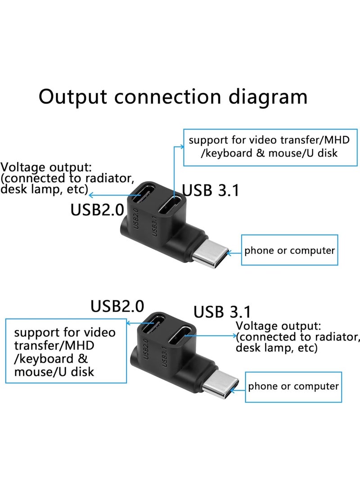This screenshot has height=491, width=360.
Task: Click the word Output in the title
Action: pyautogui.click(x=73, y=97)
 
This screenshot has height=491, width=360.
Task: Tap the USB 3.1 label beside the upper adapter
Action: pyautogui.click(x=211, y=190)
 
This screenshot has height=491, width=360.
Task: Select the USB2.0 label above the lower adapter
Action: pyautogui.click(x=117, y=306)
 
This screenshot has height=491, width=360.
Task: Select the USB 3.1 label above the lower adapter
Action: pyautogui.click(x=222, y=311)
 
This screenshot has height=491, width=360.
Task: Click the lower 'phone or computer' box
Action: pyautogui.click(x=293, y=386)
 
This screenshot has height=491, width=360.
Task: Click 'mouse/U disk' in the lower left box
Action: pyautogui.click(x=54, y=372)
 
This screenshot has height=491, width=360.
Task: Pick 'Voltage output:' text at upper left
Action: pyautogui.click(x=46, y=168)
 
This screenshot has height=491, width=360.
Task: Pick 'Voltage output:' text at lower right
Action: pyautogui.click(x=279, y=325)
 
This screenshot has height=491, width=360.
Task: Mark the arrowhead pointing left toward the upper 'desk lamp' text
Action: pyautogui.click(x=91, y=195)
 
